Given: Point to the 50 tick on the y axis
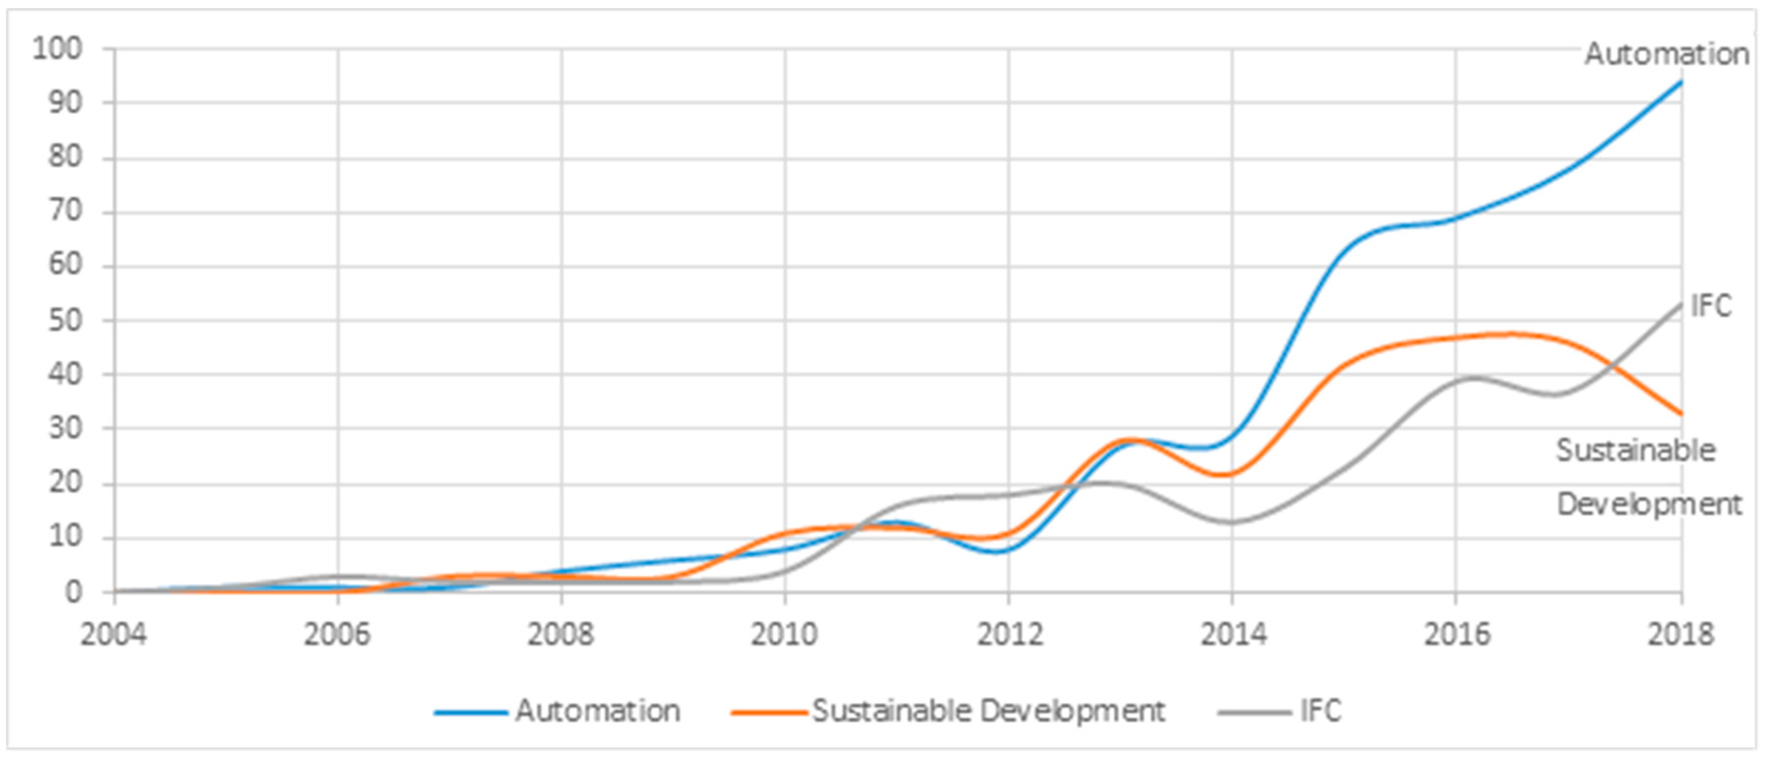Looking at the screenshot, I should [65, 320].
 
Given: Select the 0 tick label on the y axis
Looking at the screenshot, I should [73, 592].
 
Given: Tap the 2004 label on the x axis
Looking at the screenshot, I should [114, 635].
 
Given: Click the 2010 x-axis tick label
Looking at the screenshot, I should [785, 635].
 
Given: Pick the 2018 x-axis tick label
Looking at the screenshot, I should [1680, 635].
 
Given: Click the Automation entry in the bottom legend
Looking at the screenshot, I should [597, 711].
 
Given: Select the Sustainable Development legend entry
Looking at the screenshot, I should [988, 711].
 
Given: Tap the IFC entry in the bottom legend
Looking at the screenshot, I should [1320, 711].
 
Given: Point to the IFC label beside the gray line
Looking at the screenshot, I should [1711, 306].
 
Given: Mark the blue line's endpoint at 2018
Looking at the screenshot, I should [1681, 82].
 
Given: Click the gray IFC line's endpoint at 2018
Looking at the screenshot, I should [1681, 304].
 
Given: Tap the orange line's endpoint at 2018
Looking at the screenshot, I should [1681, 414].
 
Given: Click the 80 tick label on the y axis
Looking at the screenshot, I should [65, 158].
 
